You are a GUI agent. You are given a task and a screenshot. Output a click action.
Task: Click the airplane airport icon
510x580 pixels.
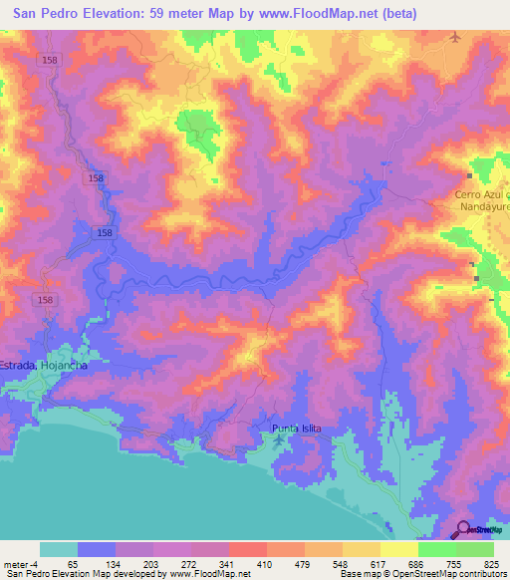pos(456,37)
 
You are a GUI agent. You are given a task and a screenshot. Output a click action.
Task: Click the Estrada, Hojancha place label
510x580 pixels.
pos(44,366)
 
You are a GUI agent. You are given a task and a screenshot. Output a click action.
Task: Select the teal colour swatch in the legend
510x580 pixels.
pos(59,549)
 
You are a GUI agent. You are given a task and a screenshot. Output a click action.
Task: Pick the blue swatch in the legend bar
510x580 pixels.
pos(97,549)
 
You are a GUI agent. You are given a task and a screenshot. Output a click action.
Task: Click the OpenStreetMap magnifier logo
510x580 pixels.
pos(463,529)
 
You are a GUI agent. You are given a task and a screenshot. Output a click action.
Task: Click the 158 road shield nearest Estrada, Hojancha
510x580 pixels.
pos(44,299)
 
